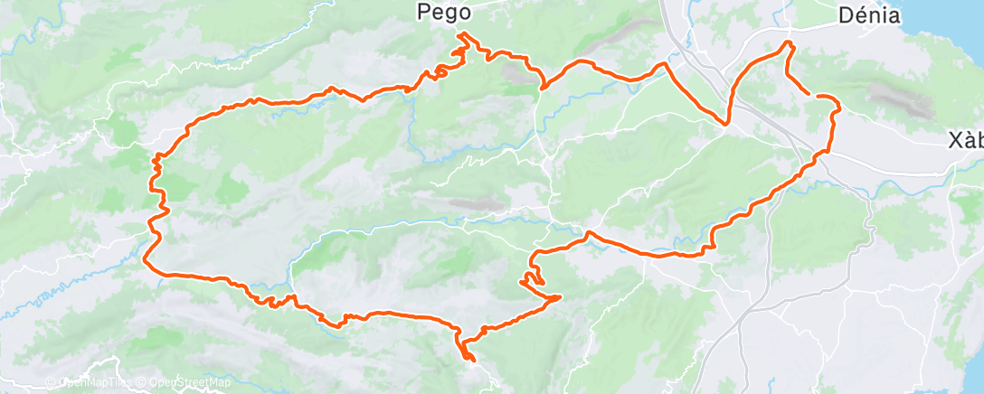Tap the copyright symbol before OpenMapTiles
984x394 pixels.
51,383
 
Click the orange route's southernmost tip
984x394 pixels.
472,361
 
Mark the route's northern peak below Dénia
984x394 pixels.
789,42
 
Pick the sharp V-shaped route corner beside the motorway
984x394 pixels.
726,124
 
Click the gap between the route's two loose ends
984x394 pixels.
810,94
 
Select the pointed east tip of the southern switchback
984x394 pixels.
560,296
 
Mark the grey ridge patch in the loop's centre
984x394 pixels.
470,205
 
